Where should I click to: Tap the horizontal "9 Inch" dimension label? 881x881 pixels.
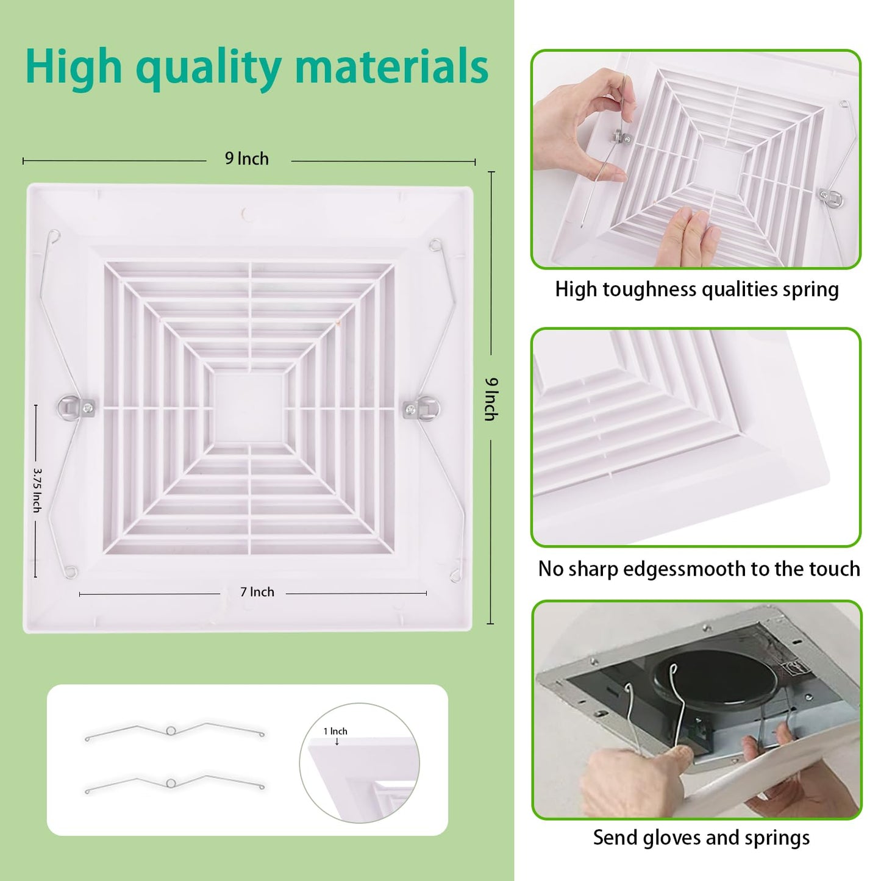coord(247,159)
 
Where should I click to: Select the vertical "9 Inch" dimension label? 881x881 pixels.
coord(491,399)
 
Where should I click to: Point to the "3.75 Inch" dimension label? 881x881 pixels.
coord(37,490)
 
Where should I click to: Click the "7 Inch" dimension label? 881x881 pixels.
coord(257,592)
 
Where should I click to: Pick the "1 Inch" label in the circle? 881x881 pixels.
coord(335,731)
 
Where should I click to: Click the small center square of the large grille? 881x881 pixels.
coord(249,407)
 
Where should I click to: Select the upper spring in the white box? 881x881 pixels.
coord(174,730)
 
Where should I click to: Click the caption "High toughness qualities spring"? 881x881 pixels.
coord(697,289)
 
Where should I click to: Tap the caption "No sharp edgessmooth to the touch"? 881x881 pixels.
coord(699,569)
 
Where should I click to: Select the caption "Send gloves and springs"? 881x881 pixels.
coord(701,838)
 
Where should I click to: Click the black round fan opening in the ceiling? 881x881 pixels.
coord(713,680)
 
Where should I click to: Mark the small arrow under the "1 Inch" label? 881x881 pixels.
coord(337,741)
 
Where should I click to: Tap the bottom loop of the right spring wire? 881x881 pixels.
coord(454,575)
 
